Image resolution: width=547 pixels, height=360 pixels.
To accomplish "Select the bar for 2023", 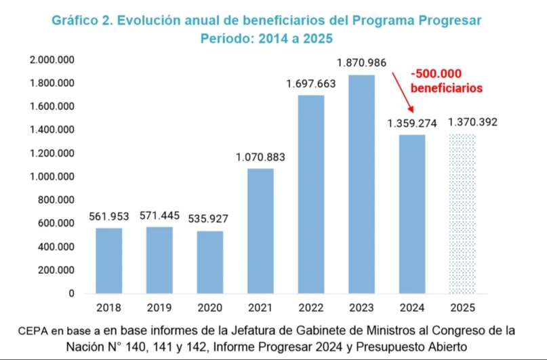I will coord(362,184).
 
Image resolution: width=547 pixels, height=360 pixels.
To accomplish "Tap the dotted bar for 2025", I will coord(463,213).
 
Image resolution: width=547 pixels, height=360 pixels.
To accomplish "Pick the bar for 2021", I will coord(260,231).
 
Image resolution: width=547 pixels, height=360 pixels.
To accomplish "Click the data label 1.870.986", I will coord(362,63).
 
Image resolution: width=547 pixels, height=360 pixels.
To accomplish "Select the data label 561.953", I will coord(109,217).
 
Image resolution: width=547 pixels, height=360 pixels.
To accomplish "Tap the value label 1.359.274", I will coord(412,123).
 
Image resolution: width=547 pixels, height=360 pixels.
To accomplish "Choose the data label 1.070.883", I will coord(260,157).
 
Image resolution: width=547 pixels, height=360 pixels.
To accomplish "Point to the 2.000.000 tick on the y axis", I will coord(51,60).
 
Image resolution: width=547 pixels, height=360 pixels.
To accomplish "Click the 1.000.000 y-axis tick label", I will coord(51,177).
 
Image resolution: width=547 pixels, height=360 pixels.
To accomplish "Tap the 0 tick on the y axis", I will coord(70,294).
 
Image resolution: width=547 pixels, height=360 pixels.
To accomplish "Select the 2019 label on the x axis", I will coord(159,307).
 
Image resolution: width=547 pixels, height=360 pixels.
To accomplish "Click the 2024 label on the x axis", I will coord(412,307).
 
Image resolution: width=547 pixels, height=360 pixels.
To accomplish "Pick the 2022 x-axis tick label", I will coord(311,307).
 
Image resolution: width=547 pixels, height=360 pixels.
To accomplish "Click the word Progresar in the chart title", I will coord(445,20).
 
